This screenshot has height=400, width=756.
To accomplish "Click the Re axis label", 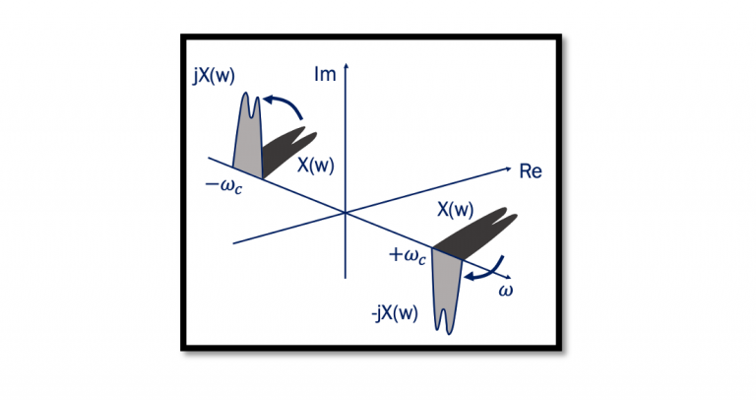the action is click(531, 171).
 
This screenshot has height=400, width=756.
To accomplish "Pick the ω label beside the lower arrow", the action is click(507, 291).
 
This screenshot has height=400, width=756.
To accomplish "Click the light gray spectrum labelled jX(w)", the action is click(246, 138).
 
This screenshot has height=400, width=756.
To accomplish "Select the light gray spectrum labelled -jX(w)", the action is click(448, 286).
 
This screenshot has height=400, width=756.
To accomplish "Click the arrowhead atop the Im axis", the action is click(346, 65).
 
